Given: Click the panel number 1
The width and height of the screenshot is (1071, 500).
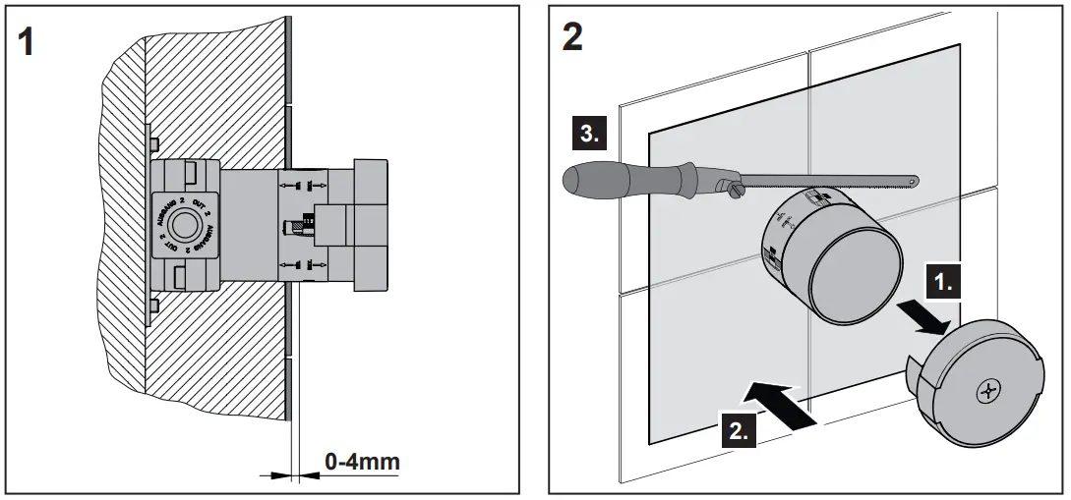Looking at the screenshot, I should pos(31,44).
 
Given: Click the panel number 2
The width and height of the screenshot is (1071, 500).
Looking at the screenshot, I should pos(571,38).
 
